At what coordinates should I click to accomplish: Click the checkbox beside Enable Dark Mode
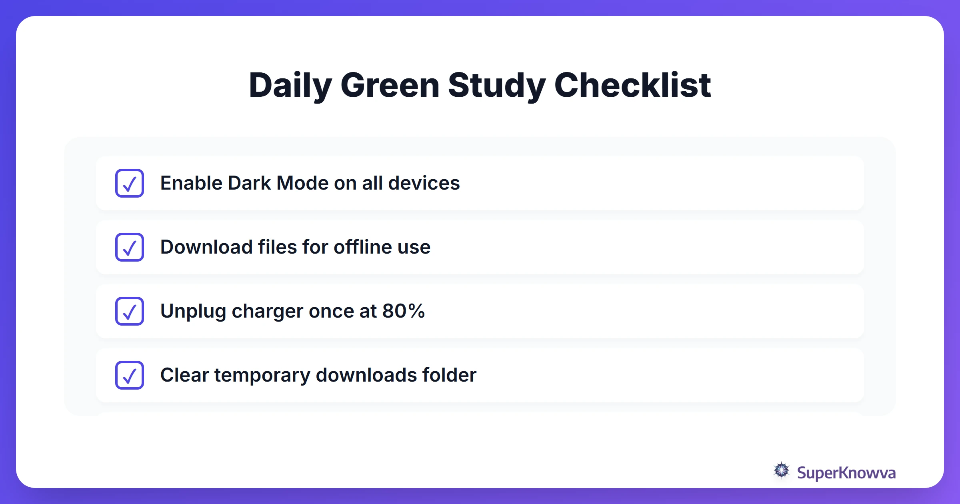130,183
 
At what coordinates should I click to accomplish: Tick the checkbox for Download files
130,247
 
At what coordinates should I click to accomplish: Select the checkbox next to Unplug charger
130,311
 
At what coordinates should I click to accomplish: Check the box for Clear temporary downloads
130,375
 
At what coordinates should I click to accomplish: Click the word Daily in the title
290,85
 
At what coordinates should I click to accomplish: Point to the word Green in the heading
390,85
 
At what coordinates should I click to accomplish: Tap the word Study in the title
496,85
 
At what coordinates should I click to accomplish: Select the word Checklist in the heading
632,85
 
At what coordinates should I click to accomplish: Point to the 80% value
403,311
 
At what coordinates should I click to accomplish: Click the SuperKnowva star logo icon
781,471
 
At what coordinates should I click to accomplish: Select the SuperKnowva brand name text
846,473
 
